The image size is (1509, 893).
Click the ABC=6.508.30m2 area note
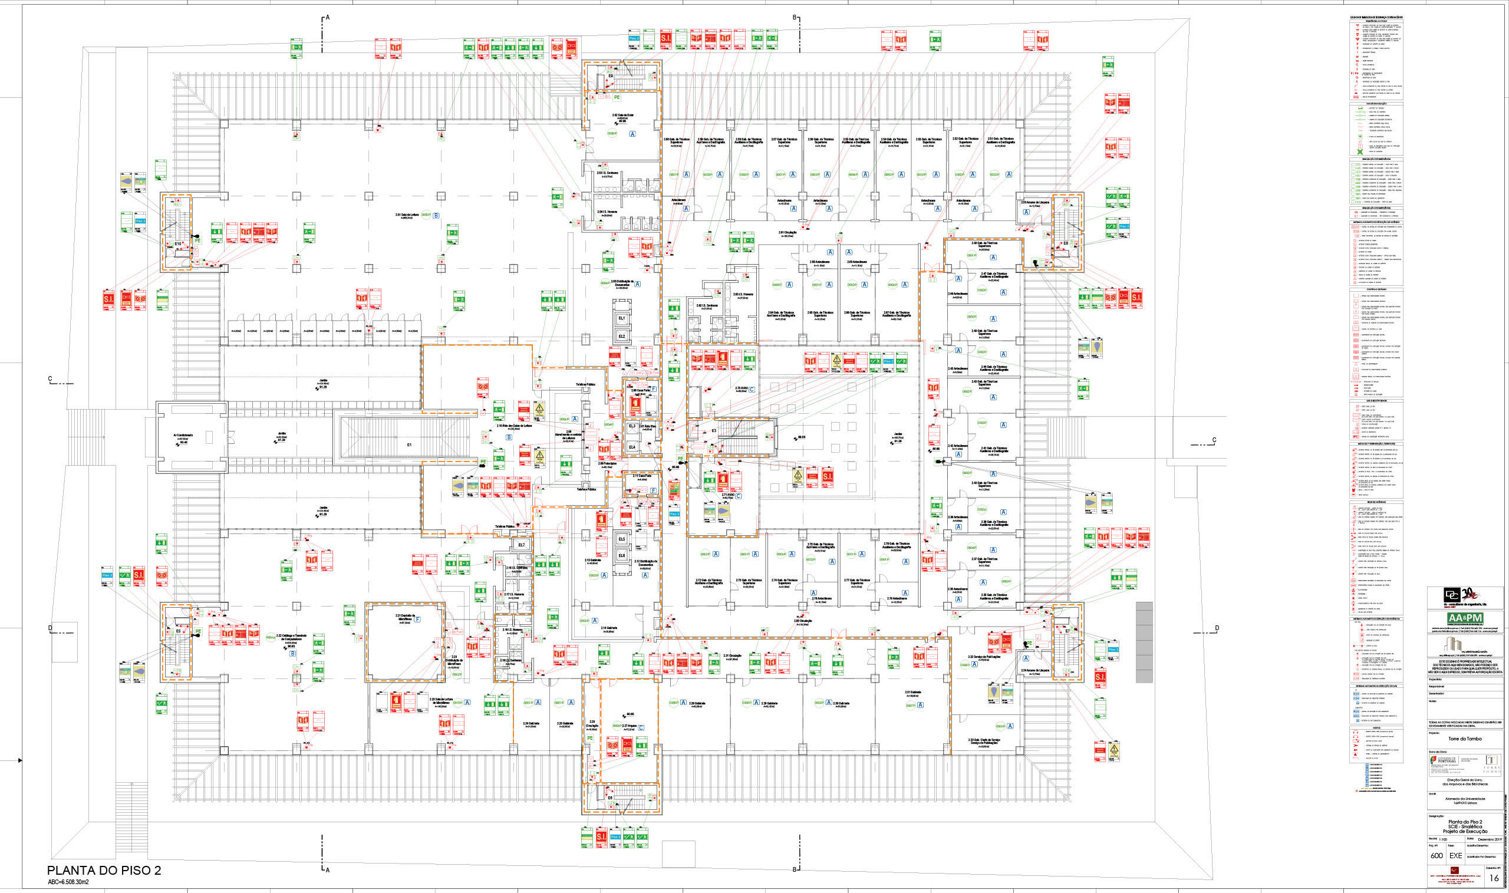point(68,882)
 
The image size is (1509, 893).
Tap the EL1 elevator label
point(621,318)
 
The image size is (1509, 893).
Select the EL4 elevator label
point(632,447)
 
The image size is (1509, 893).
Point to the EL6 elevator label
point(621,555)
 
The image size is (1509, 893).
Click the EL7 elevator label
point(521,545)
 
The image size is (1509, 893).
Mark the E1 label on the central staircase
point(409,444)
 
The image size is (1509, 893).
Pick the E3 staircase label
point(714,431)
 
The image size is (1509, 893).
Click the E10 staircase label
point(177,244)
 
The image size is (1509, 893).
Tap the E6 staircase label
point(610,798)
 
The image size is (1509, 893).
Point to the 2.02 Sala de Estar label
point(622,115)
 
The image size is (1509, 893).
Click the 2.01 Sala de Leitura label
point(407,215)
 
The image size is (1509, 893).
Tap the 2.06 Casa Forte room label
point(640,391)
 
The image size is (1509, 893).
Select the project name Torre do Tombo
point(1464,739)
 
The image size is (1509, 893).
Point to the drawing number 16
point(1493,878)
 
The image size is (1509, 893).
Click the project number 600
point(1436,855)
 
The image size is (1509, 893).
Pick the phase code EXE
point(1455,855)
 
